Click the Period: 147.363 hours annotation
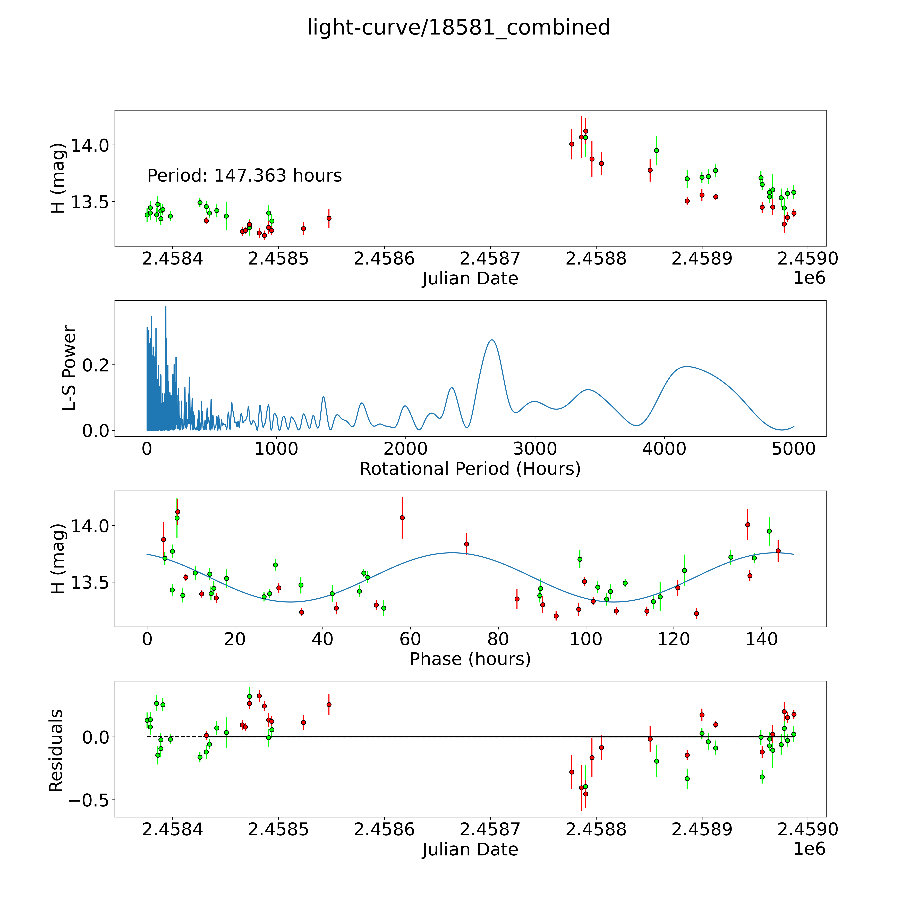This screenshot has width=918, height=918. coord(244,176)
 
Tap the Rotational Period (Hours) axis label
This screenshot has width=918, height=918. coord(470,469)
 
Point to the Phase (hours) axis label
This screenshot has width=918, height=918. coord(470,659)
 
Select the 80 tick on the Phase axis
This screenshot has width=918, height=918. coord(498,639)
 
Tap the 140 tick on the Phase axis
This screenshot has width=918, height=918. coord(761,639)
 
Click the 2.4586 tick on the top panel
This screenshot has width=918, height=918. coord(384,259)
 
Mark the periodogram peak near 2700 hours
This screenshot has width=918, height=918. coord(492,340)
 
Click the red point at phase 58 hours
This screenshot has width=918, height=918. coord(402,517)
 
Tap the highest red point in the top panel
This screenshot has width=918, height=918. coord(585,131)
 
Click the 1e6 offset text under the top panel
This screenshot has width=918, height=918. coord(809,278)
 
